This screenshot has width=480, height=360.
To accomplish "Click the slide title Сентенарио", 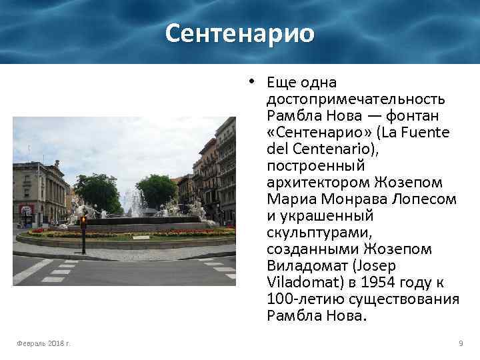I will click(x=239, y=33).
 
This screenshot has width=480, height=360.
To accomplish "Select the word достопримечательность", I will click(x=355, y=99).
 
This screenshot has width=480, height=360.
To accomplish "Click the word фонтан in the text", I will click(x=416, y=116).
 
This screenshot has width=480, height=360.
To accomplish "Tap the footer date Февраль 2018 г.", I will click(x=44, y=343).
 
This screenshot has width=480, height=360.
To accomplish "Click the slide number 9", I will click(x=461, y=343).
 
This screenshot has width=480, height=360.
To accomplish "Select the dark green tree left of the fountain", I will click(x=97, y=191).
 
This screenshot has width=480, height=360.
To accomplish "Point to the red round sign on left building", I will click(x=26, y=209).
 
